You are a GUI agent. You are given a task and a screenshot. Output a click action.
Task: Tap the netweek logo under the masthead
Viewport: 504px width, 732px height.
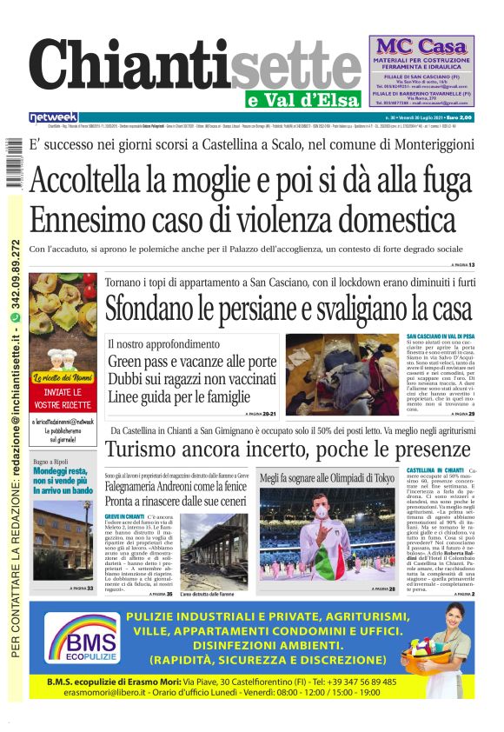pos(53,117)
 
